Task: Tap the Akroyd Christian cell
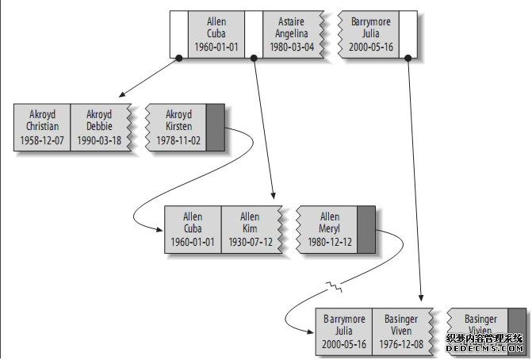pyautogui.click(x=42, y=127)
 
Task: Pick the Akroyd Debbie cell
pyautogui.click(x=99, y=127)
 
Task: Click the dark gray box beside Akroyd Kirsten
pyautogui.click(x=215, y=127)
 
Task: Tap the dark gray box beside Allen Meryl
pyautogui.click(x=366, y=229)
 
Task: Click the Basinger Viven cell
pyautogui.click(x=401, y=331)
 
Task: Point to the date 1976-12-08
pyautogui.click(x=401, y=344)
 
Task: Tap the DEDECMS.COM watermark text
pyautogui.click(x=484, y=348)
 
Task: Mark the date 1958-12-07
pyautogui.click(x=42, y=140)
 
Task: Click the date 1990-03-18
pyautogui.click(x=99, y=140)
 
